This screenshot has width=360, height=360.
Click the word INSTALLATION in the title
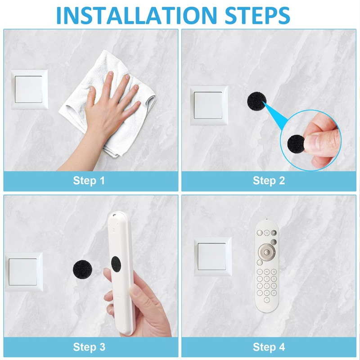[x=137, y=16]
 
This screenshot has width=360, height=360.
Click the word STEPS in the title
[x=257, y=16]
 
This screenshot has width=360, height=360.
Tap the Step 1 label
[x=89, y=181]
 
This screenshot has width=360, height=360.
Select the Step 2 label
[x=269, y=181]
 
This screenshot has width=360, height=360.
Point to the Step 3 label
[x=89, y=347]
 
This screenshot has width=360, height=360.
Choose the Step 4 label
[x=269, y=347]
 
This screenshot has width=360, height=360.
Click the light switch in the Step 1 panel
[x=29, y=89]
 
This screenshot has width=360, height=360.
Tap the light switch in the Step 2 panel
[x=209, y=105]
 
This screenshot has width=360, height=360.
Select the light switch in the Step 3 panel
[x=24, y=272]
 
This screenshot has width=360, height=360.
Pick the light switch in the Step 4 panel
[x=212, y=256]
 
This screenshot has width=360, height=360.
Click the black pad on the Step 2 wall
[x=256, y=101]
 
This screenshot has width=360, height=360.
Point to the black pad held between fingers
[x=296, y=144]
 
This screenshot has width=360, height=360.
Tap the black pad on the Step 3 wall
[x=82, y=270]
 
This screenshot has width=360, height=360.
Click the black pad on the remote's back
[x=116, y=264]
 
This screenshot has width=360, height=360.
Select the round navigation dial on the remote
[x=266, y=252]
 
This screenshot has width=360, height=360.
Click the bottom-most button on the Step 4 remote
[x=266, y=300]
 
